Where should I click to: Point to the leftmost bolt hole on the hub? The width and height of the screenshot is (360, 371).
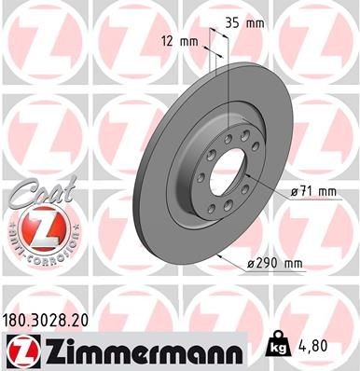pyautogui.click(x=201, y=176)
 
